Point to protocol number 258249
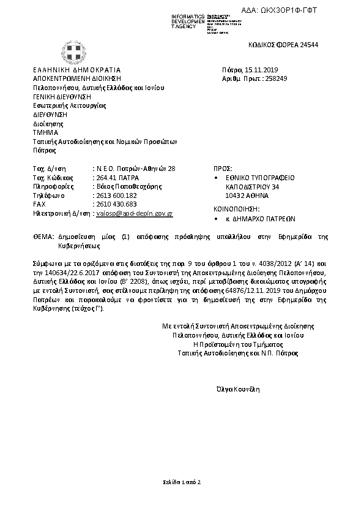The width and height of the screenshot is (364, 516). (274, 79)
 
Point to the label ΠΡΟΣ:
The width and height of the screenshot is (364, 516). (221, 168)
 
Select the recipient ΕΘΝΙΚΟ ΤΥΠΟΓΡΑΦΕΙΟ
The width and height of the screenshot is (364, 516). (261, 177)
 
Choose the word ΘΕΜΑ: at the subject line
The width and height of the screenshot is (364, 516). (43, 237)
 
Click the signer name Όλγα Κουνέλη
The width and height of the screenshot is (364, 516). (238, 389)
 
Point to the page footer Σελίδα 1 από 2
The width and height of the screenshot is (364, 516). (182, 482)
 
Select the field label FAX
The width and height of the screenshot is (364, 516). (39, 203)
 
